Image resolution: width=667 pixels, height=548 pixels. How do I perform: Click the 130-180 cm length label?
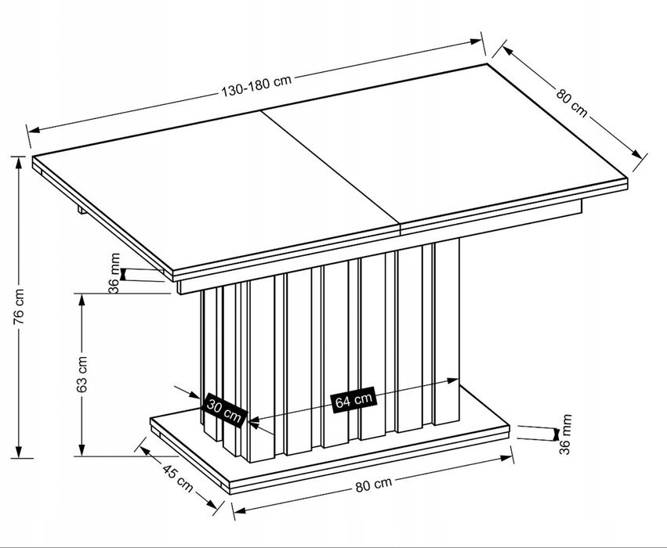[256, 85]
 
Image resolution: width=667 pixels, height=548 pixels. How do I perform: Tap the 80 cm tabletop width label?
[571, 103]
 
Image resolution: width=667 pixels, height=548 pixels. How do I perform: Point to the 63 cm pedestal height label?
[82, 373]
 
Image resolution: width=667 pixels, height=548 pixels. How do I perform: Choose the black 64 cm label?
[353, 400]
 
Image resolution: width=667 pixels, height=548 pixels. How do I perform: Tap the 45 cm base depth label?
[178, 477]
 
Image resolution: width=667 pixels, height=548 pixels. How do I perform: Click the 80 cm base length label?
[373, 484]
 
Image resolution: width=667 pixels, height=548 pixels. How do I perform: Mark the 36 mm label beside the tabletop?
[114, 272]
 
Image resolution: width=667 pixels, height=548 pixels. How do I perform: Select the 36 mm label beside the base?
[564, 434]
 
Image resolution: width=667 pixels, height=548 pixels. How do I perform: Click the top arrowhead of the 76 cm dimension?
[18, 162]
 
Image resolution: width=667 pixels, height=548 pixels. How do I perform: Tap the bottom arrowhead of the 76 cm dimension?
[18, 452]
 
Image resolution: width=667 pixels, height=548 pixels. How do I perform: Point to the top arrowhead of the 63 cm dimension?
[82, 300]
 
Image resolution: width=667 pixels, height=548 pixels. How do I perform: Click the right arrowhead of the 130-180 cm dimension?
[476, 41]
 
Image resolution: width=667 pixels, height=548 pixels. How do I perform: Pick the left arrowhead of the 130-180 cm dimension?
[34, 129]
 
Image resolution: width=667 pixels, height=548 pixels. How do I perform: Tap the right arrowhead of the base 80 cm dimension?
[506, 457]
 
